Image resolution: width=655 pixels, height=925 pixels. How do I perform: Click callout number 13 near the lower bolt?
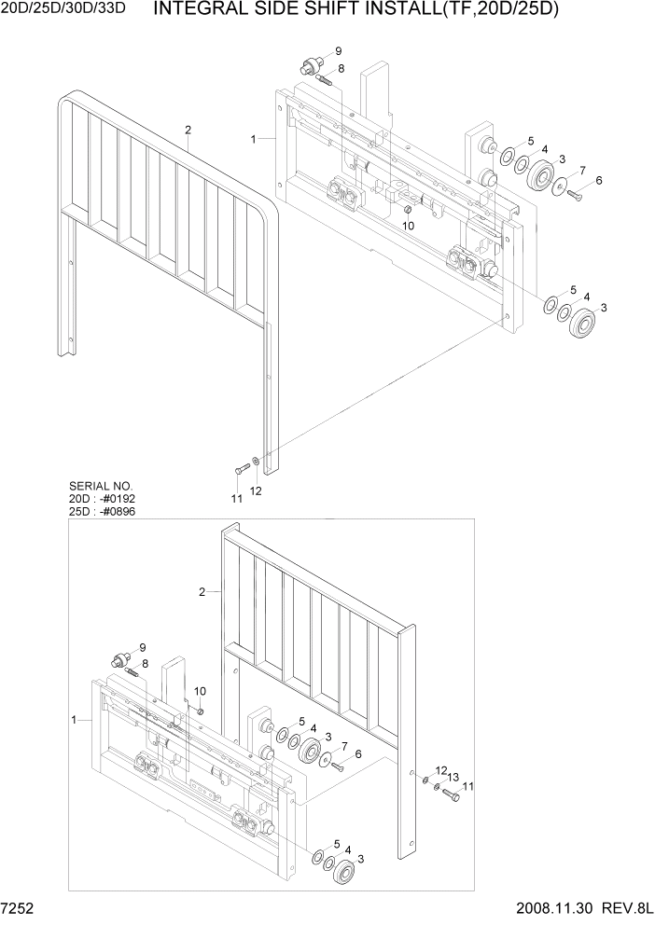(x=453, y=777)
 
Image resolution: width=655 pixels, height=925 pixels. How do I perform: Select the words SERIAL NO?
(x=101, y=487)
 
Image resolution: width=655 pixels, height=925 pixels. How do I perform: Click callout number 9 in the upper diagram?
(x=338, y=50)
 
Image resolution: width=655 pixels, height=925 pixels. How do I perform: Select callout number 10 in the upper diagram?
(x=409, y=227)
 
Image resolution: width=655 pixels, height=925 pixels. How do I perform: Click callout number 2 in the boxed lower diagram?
(x=202, y=591)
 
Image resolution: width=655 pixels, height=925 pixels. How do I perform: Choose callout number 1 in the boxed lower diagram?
(x=74, y=720)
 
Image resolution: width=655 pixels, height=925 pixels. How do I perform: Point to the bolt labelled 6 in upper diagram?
(x=575, y=195)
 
